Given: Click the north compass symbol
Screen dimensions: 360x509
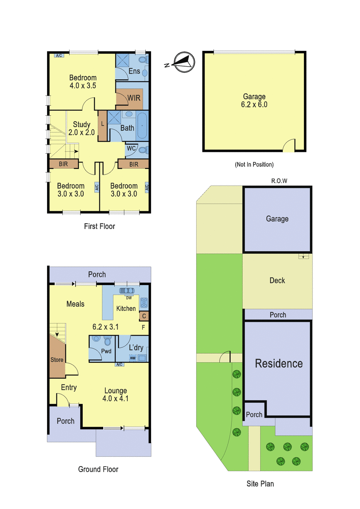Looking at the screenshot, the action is coord(184,62).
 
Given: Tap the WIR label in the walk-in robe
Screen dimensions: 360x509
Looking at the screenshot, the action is coord(134,98).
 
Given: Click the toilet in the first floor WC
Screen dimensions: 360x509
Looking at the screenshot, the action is coord(143,150).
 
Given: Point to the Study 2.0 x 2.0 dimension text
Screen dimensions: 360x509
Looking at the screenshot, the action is coord(82,132).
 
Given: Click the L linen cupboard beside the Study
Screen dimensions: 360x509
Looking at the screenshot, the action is coord(102,126).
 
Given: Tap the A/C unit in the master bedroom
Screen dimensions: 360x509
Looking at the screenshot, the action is coord(59,56).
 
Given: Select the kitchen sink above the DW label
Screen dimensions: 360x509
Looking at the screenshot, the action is coord(127,291).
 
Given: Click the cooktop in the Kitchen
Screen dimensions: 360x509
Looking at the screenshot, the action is coord(144,302).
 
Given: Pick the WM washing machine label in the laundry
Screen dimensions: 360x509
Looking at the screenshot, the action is coord(132,358).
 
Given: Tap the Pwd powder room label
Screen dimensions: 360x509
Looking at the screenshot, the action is coord(106,351).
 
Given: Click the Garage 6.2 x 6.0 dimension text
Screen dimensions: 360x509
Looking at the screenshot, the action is coord(254,104).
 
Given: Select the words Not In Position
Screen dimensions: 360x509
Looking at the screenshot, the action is coord(254,164).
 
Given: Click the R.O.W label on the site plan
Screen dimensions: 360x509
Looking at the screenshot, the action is coord(279,181).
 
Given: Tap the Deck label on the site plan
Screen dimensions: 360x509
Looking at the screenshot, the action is coord(277,280).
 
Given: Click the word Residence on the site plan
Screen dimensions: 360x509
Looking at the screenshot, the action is coord(279,363).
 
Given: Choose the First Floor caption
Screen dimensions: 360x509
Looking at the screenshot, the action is coord(100,226).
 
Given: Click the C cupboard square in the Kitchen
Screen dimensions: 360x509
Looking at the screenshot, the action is coord(144,316).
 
